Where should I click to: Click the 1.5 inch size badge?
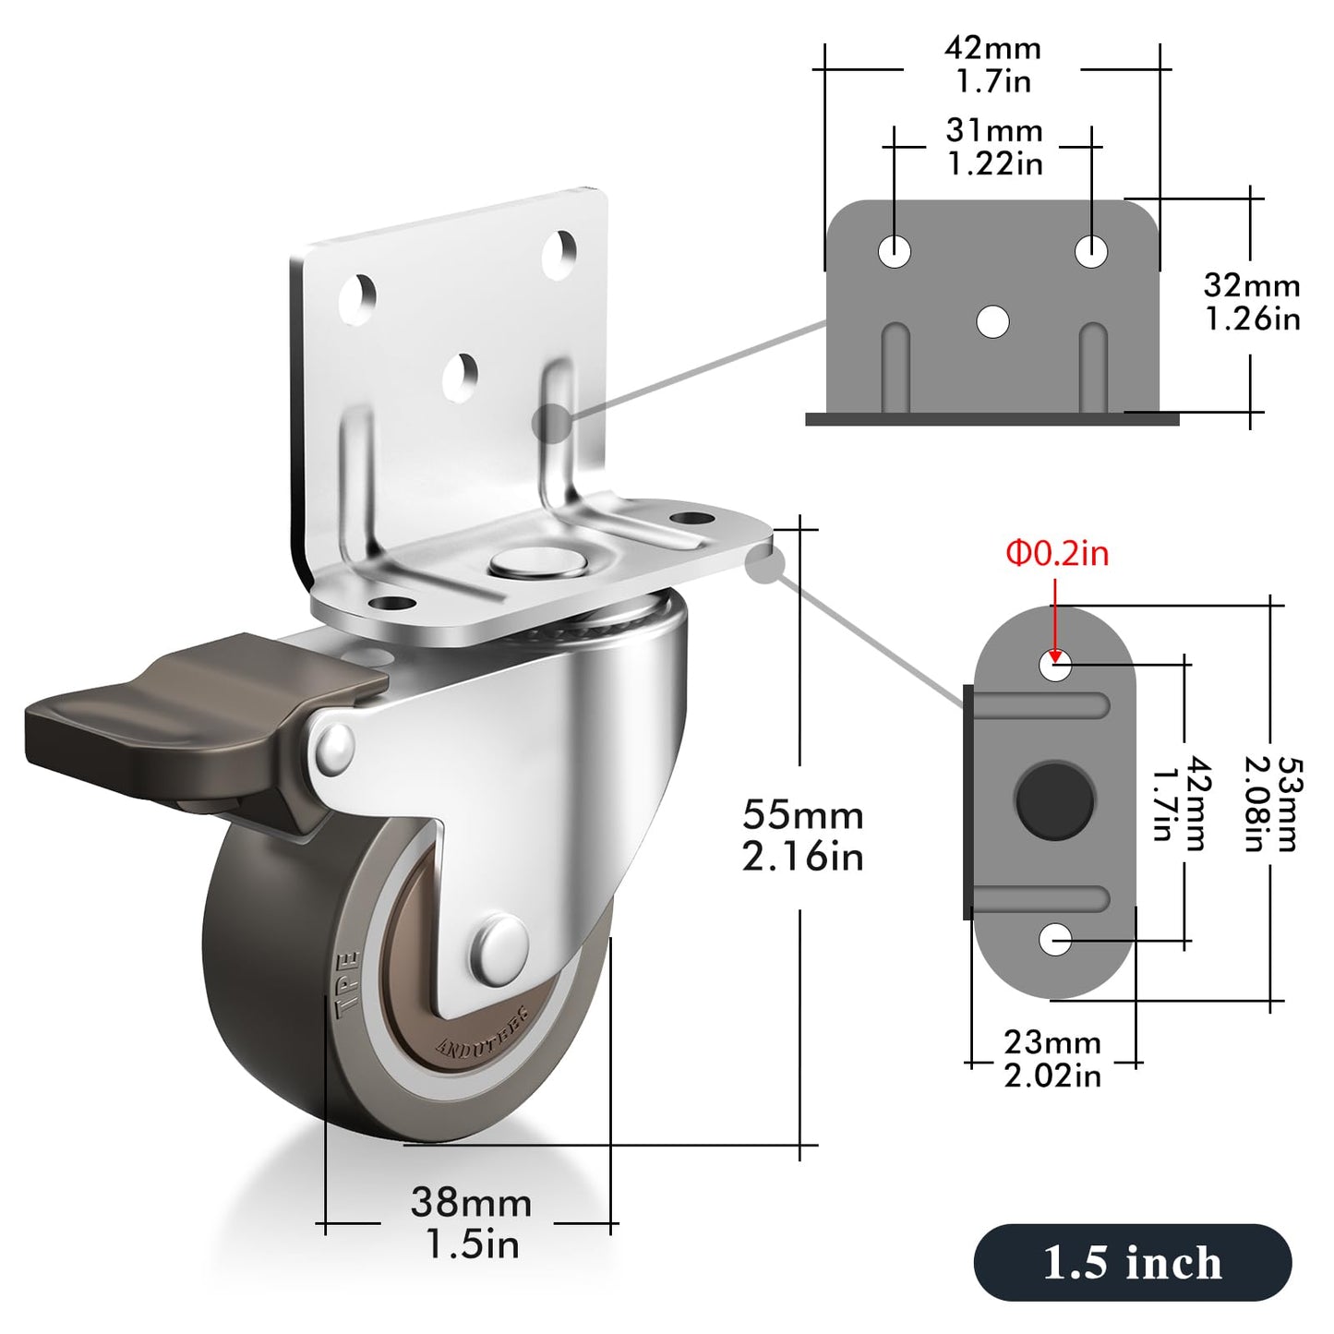coord(1132,1262)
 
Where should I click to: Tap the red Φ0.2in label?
coord(1057,554)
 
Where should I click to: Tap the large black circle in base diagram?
coord(1054,800)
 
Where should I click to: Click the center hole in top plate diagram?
coord(992,321)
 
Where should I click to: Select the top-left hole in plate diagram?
coord(894,251)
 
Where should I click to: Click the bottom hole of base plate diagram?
coord(1055,940)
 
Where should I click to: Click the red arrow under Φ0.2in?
coord(1055,623)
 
